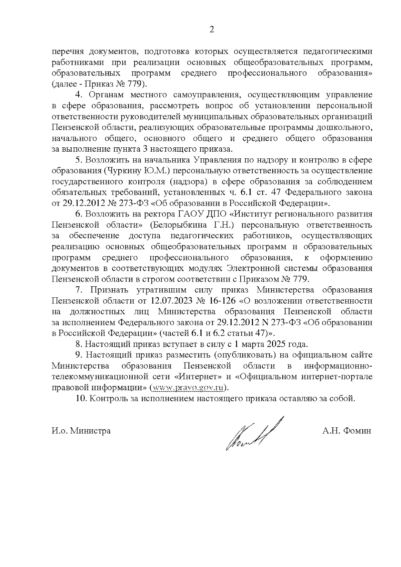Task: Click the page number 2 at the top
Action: pos(211,30)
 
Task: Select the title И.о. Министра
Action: pos(81,431)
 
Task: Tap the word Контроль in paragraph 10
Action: pos(106,398)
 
